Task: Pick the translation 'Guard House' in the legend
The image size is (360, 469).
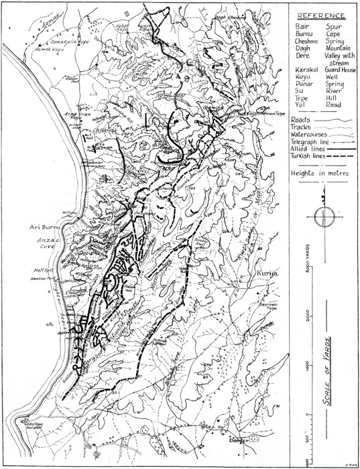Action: coord(339,68)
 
